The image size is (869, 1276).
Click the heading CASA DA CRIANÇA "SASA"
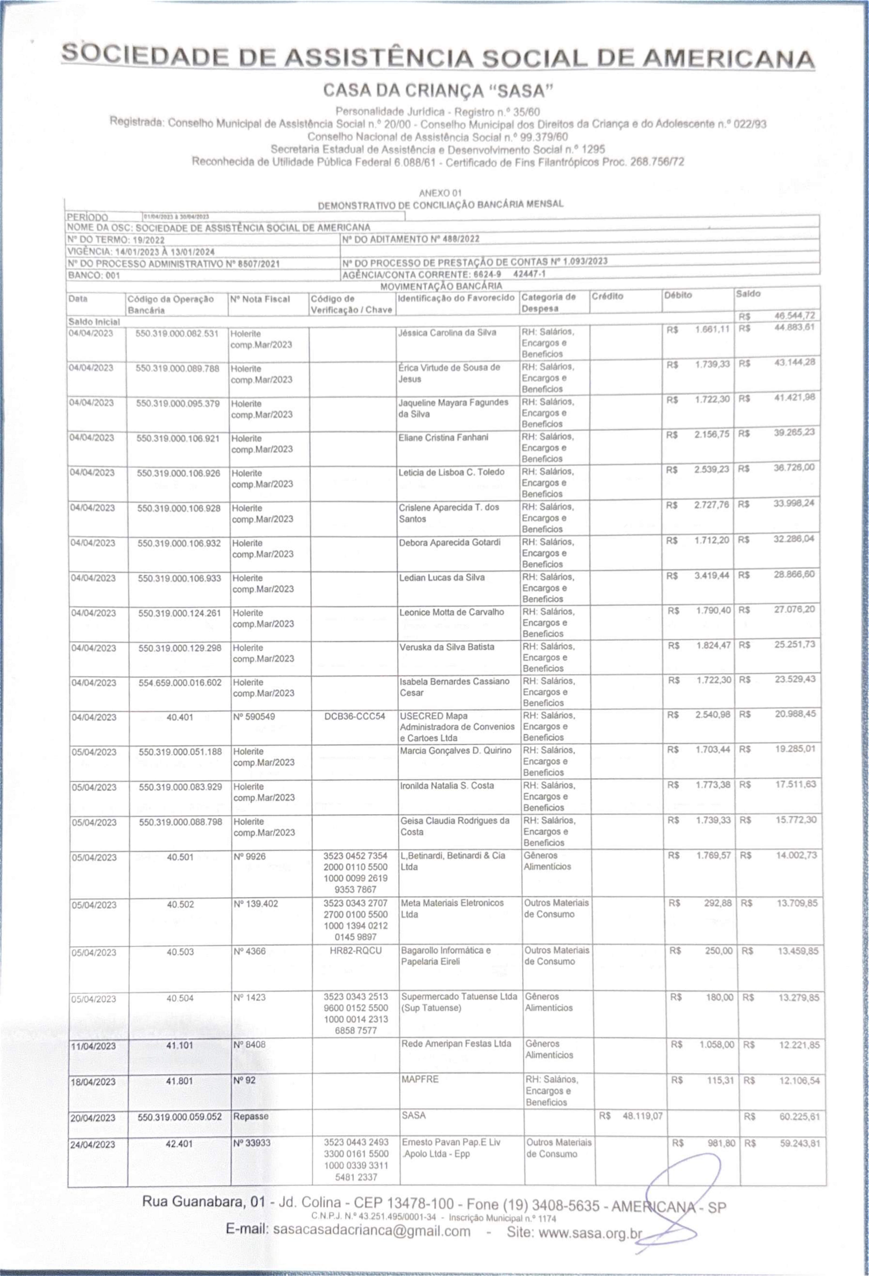tap(438, 89)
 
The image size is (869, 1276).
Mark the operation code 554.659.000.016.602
tap(180, 682)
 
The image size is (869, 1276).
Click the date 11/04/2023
tap(93, 1046)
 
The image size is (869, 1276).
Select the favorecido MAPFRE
tap(420, 1079)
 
